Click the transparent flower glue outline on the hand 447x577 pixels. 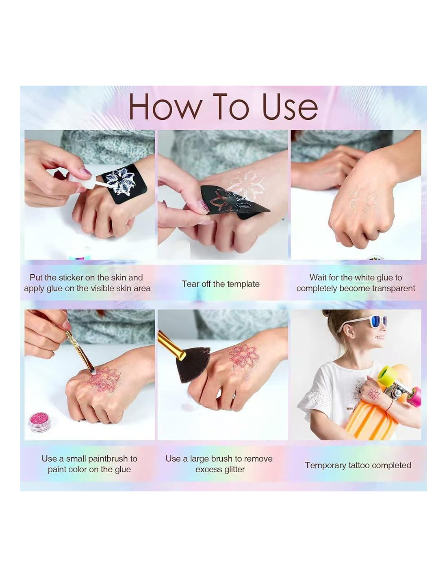[363, 199]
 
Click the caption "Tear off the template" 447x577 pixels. [220, 284]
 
